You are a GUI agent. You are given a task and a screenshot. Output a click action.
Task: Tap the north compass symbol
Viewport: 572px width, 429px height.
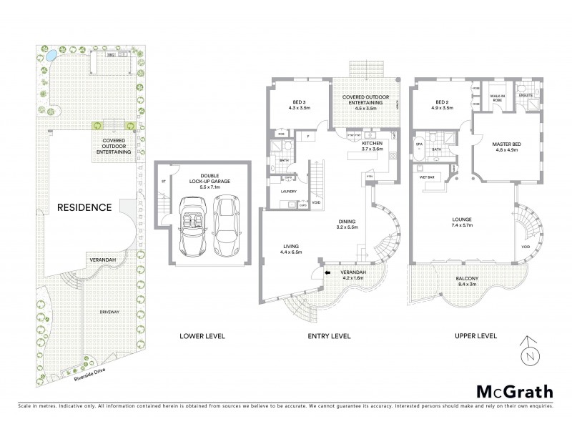pos(527,352)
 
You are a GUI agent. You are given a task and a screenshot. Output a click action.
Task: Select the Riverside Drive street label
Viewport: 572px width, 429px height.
pos(83,371)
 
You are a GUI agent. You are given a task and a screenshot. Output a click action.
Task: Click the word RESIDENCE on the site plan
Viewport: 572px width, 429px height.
pos(84,208)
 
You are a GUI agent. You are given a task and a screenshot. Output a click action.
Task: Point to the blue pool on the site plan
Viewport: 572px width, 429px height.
pos(51,54)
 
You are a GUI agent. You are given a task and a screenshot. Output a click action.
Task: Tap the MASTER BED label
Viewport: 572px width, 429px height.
pos(505,144)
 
